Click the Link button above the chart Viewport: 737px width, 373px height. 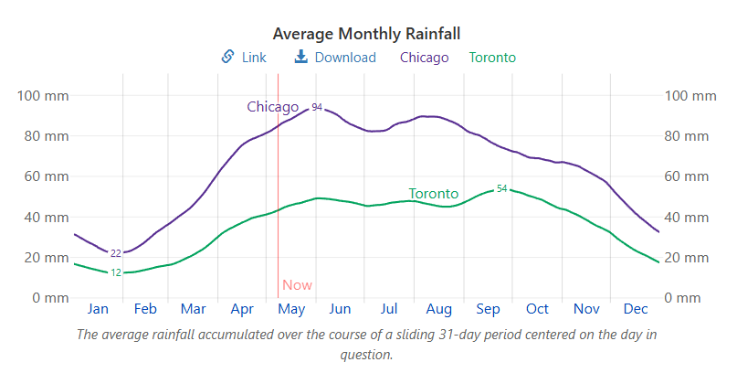(245, 58)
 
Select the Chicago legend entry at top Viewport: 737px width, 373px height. (425, 58)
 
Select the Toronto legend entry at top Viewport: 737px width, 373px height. (492, 58)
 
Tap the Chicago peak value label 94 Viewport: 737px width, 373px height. (317, 108)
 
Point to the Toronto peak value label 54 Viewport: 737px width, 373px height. (501, 188)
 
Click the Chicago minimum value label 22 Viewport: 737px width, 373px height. (116, 253)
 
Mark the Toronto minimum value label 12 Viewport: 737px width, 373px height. (116, 272)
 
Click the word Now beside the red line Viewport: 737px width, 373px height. (297, 285)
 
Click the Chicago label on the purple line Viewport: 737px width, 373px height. (272, 107)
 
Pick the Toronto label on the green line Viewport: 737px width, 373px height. (433, 194)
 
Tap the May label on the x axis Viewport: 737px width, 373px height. (291, 309)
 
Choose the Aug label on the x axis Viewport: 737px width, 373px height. (439, 309)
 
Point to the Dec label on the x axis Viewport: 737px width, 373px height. (636, 309)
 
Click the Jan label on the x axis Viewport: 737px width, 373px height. (98, 309)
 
